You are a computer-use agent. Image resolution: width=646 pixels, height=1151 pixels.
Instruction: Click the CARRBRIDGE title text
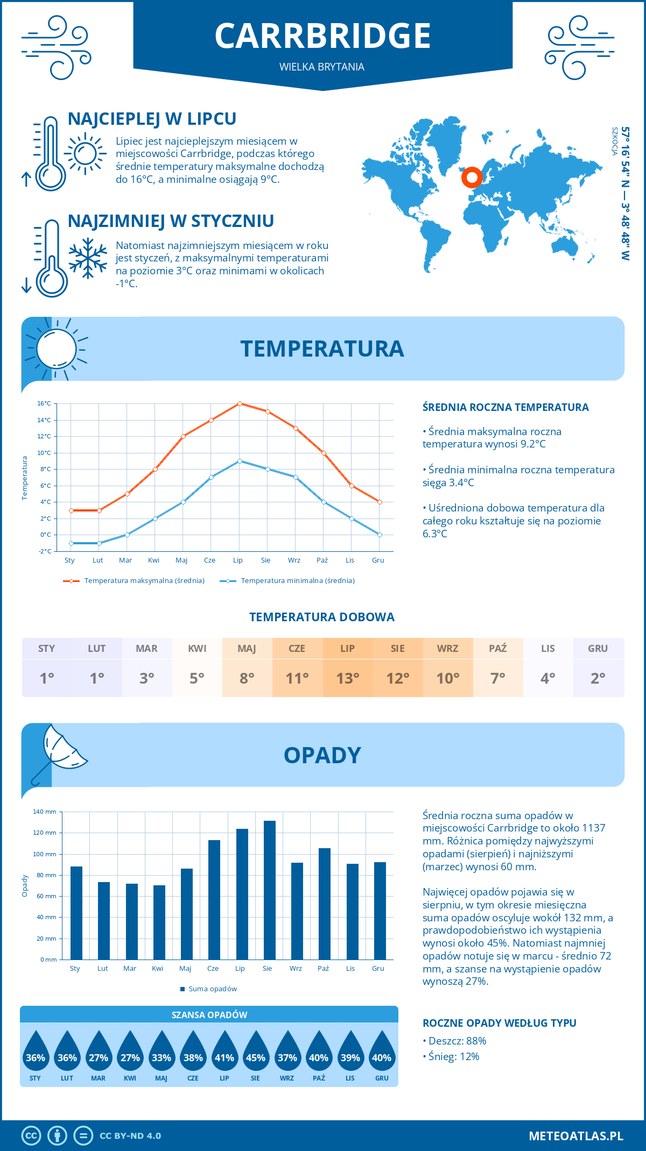322,36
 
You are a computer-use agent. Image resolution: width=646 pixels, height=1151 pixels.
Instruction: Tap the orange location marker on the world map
472,177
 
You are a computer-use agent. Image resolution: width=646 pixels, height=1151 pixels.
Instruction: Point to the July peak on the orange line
240,403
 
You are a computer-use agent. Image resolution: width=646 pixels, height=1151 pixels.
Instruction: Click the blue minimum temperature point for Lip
240,461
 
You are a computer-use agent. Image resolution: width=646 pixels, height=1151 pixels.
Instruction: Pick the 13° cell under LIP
347,678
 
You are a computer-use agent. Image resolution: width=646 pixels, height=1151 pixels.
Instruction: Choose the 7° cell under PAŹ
497,678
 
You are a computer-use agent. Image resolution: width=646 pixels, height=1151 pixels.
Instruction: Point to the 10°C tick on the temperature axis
44,453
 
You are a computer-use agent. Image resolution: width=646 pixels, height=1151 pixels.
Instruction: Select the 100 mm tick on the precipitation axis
45,854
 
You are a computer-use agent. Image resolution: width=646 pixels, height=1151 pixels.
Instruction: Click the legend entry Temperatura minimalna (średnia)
297,581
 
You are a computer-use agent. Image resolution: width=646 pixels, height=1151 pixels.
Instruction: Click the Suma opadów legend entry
212,989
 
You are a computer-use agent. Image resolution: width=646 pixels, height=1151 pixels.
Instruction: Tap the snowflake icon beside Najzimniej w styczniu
88,258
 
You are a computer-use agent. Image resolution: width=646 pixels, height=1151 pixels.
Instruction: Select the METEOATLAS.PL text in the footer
575,1136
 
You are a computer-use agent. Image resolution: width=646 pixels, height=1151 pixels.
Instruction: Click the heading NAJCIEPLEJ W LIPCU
152,119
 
